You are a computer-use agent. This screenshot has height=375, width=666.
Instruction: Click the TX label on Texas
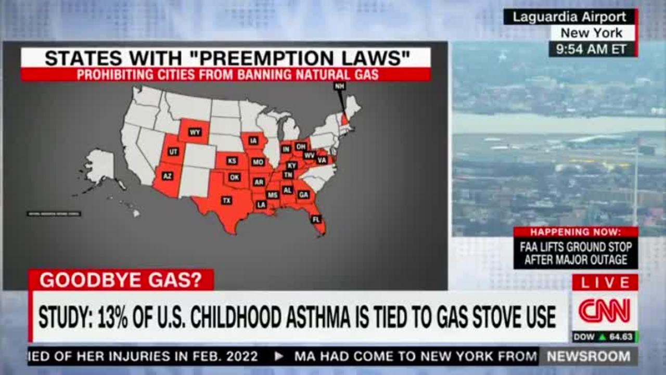(226, 200)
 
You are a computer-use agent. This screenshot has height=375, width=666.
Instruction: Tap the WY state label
(195, 132)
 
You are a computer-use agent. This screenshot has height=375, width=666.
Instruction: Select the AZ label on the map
(167, 176)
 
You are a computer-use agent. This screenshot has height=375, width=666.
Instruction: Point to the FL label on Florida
(316, 219)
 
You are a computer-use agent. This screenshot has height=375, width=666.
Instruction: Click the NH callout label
(340, 86)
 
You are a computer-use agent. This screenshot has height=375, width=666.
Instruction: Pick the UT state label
(173, 152)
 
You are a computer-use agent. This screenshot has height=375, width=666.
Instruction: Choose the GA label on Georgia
(303, 195)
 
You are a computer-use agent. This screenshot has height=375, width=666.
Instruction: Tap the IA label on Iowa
(253, 140)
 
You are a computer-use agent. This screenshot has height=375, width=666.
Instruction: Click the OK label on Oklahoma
(235, 177)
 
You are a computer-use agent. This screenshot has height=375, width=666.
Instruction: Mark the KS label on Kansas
(232, 161)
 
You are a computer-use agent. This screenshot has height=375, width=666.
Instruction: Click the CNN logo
(605, 311)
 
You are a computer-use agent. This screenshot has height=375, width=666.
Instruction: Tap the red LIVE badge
(605, 283)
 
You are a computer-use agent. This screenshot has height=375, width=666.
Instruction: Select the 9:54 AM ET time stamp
(591, 49)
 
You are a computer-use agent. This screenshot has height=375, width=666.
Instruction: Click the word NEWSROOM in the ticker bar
(588, 357)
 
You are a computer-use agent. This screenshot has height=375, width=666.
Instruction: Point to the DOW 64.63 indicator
(605, 337)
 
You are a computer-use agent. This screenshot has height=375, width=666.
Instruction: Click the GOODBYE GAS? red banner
(121, 280)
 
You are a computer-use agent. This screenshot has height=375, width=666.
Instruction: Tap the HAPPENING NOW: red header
(575, 232)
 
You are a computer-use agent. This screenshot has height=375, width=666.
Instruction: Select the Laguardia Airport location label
(569, 17)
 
